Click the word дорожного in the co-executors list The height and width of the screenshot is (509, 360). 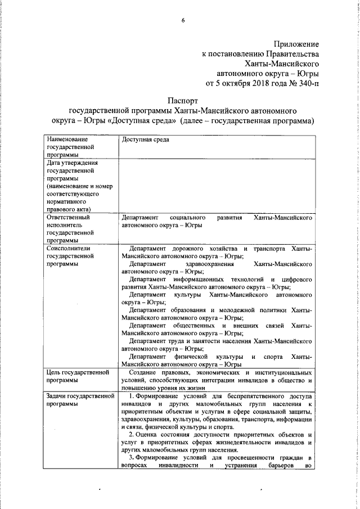[x=192, y=248]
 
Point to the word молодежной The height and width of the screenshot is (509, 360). [x=236, y=310]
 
